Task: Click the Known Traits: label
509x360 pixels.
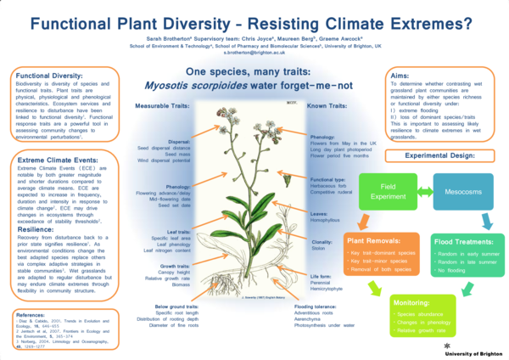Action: point(327,107)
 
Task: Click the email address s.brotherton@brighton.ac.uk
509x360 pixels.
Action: point(254,52)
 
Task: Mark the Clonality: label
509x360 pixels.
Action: point(322,241)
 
